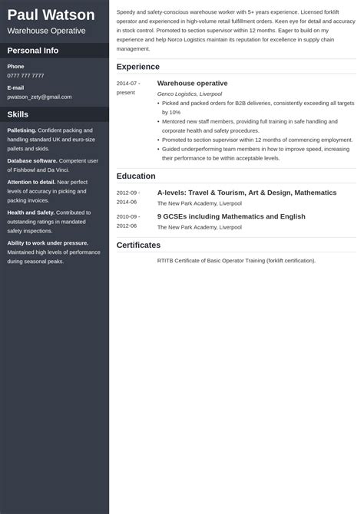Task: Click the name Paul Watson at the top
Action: (51, 15)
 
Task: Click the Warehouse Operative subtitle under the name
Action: (46, 31)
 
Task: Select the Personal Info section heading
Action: (33, 51)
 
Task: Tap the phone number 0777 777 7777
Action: (25, 76)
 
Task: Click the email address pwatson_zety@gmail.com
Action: (39, 97)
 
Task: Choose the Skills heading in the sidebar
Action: (18, 114)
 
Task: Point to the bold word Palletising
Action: (22, 130)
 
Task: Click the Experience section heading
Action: (138, 67)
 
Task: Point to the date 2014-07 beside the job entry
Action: (127, 82)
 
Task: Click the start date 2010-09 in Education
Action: (127, 217)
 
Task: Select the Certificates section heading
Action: (139, 245)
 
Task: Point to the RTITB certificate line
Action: (236, 260)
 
